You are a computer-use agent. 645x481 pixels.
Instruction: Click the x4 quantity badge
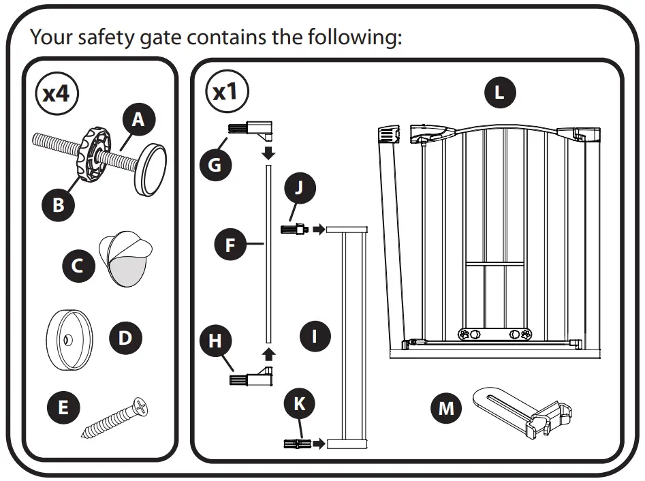[x=57, y=93]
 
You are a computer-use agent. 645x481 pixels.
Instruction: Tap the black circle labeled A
[x=138, y=120]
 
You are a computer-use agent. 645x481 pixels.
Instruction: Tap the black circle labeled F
[x=230, y=245]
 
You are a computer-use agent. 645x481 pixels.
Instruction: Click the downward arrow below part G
[x=269, y=151]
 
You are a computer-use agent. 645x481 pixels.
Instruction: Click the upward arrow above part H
[x=269, y=353]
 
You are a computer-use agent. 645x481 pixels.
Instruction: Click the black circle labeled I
[x=315, y=336]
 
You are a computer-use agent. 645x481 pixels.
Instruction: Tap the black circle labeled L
[x=499, y=93]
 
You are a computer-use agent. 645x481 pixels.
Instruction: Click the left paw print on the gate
[x=465, y=335]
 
